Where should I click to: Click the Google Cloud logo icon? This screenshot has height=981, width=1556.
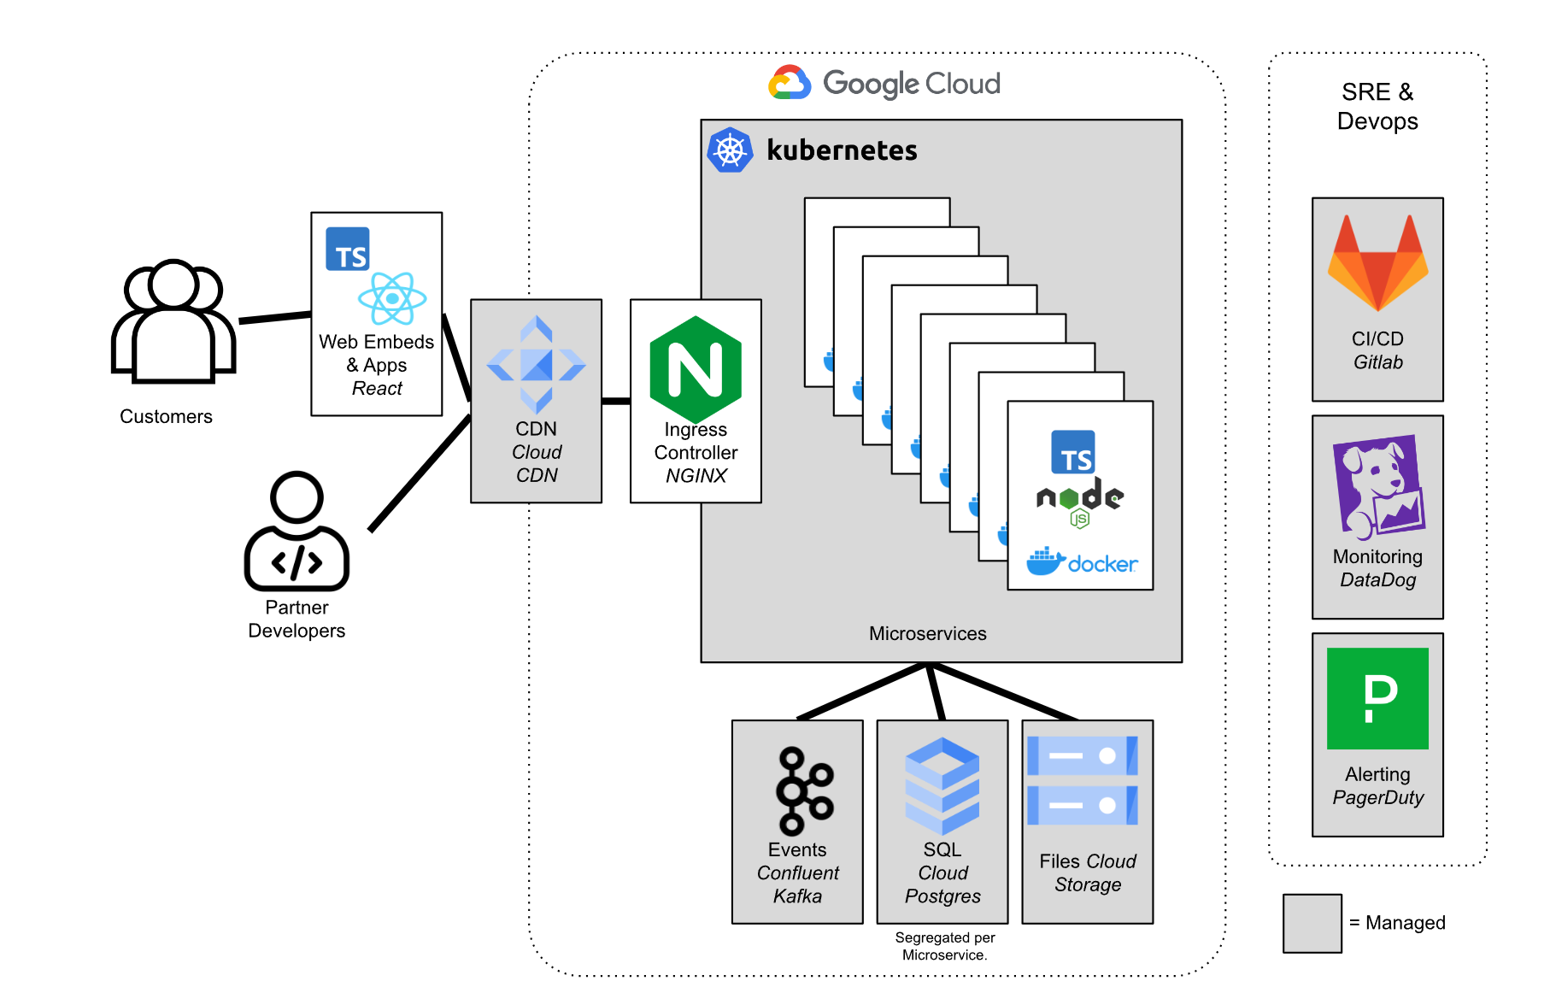coord(790,83)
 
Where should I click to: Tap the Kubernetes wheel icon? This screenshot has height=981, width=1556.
coord(730,150)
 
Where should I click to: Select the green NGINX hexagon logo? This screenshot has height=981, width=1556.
coord(696,369)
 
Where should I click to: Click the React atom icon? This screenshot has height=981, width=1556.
coord(392,298)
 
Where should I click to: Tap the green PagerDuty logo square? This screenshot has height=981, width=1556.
coord(1377,698)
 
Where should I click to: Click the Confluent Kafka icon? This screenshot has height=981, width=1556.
coord(802,791)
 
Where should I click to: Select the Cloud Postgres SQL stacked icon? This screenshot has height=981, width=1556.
coord(942,786)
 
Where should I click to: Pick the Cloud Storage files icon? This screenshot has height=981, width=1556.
coord(1083,780)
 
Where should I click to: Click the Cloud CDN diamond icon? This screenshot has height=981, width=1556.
coord(536,365)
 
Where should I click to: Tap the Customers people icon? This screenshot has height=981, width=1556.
coord(173,320)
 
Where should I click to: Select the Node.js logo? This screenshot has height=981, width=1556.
coord(1080,501)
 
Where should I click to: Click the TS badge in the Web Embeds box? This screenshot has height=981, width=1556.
coord(348,249)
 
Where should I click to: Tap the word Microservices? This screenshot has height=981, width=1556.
coord(927,633)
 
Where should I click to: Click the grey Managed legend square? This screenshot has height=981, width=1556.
coord(1312,923)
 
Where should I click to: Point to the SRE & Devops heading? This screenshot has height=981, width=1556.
coord(1377,106)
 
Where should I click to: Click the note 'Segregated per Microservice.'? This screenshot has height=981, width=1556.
coord(944,946)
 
